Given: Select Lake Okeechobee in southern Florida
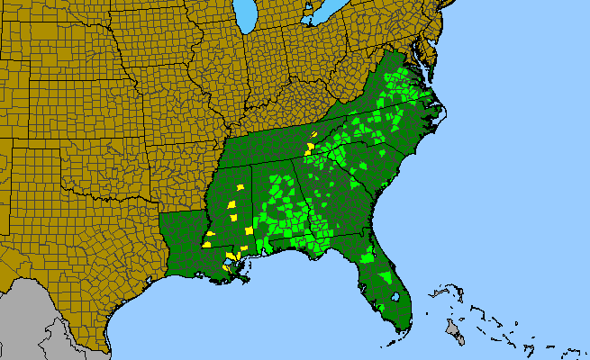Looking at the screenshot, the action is tap(396, 296).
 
